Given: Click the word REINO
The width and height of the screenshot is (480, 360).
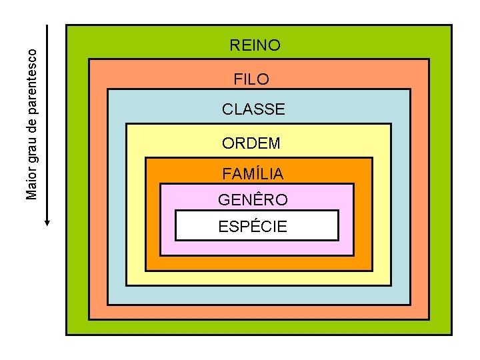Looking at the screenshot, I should (255, 45).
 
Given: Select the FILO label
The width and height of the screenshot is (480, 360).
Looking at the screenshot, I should (251, 79).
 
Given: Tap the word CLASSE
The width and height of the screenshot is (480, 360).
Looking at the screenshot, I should (253, 109).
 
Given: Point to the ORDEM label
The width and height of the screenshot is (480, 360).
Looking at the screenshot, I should (251, 143).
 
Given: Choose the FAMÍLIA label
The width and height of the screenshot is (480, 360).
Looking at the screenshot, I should (253, 174).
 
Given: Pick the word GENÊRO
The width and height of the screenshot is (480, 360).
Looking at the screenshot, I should (253, 200).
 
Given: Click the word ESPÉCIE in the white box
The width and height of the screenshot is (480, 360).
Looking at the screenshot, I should (253, 227).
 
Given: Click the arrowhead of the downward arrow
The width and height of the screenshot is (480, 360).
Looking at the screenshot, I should (47, 222).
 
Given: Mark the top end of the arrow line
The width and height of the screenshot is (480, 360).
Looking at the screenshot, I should (47, 27).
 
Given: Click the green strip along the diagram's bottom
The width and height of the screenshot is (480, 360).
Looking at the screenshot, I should (259, 327).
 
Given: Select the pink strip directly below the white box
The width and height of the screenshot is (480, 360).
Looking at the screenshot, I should (257, 247).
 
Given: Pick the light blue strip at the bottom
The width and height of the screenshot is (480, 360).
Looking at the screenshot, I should (259, 295).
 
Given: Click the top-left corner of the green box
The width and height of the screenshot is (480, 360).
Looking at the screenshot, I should (67, 26).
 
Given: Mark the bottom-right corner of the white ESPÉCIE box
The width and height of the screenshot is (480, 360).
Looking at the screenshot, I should (338, 239).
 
